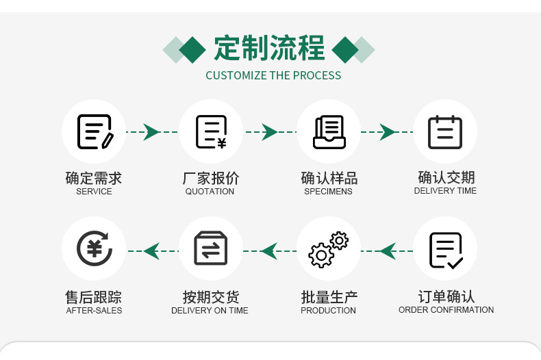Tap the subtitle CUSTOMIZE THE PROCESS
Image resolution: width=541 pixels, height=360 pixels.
(x=273, y=75)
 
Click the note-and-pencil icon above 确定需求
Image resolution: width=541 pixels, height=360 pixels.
(x=95, y=132)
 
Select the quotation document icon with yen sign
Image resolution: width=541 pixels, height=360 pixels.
(x=211, y=132)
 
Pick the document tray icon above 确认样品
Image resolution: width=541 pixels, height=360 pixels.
(x=329, y=132)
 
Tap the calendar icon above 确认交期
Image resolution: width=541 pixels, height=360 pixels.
(x=445, y=132)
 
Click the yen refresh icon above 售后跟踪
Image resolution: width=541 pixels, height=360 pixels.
(x=95, y=248)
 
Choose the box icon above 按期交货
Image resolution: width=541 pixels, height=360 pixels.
(x=211, y=248)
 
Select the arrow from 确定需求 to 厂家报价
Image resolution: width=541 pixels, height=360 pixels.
(x=151, y=132)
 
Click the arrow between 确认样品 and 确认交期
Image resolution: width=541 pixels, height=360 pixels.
(x=388, y=132)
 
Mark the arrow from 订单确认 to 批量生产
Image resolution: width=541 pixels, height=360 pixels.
(x=388, y=251)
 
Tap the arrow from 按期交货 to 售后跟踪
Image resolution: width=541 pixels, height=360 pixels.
(x=151, y=251)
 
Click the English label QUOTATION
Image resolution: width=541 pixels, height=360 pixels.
(x=210, y=192)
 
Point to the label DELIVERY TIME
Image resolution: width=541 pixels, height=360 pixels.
(x=445, y=191)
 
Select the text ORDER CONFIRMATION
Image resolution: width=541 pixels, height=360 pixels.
(x=446, y=310)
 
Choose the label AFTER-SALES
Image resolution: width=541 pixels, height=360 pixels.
(x=94, y=311)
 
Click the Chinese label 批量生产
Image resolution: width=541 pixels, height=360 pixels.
(x=329, y=297)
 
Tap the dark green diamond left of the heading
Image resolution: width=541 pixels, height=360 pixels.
(x=192, y=49)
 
